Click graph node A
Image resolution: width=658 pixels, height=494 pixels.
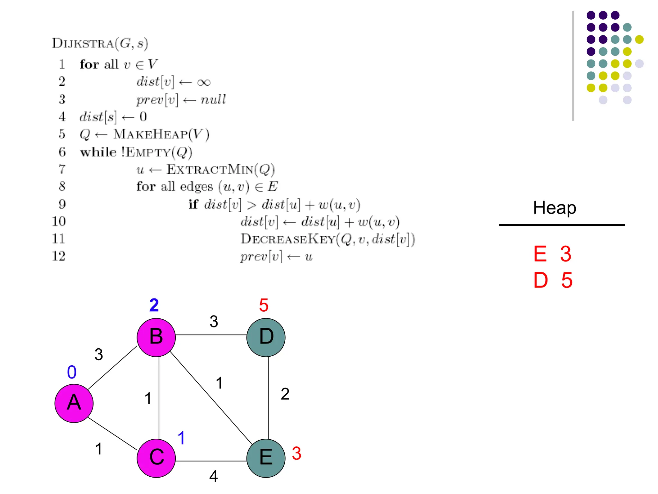point(74,403)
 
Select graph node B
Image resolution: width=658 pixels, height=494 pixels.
point(156,337)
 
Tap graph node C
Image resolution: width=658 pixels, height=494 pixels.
point(156,458)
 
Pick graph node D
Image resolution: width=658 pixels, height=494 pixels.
point(266,337)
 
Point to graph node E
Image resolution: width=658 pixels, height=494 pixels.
point(266,458)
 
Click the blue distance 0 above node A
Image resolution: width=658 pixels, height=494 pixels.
point(72,372)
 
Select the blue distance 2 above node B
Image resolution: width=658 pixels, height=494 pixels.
point(154,305)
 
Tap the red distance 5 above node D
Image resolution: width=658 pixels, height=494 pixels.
point(263,305)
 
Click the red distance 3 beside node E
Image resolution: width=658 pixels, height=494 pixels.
point(296,453)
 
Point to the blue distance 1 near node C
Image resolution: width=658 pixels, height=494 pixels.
point(181,438)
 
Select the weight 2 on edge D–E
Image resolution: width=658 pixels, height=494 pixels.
point(285,394)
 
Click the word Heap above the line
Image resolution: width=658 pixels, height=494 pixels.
point(555,208)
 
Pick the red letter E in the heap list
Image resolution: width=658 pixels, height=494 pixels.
point(540,254)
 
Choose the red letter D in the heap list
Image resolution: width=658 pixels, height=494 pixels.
point(540,280)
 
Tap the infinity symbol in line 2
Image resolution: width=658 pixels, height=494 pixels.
point(204,83)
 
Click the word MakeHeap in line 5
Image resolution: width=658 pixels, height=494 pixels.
point(150,134)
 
